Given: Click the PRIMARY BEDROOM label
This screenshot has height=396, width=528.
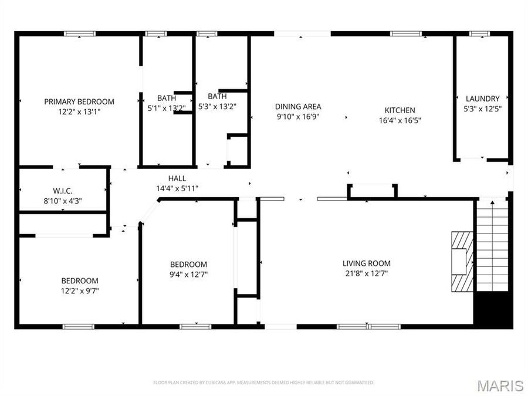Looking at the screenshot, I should point(79,101).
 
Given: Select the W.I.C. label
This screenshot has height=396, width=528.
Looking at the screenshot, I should point(63,191).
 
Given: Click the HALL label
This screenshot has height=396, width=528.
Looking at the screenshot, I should point(177,178).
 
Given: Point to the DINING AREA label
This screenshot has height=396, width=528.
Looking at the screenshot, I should point(298,106).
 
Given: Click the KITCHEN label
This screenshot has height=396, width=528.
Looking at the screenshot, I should point(400,110).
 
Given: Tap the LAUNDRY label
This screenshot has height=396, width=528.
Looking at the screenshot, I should point(482,99).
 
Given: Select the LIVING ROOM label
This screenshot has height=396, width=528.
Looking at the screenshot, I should point(367,263).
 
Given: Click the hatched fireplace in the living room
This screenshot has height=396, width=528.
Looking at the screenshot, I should point(461,261).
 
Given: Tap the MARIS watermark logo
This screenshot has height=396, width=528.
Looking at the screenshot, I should point(500,385).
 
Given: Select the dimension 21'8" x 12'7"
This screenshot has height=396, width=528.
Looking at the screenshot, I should point(367,273).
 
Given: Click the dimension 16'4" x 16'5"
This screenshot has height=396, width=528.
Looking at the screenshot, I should point(400,120).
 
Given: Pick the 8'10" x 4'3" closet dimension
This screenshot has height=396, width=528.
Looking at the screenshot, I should point(63,201).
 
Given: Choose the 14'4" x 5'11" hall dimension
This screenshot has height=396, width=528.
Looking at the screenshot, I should point(177,188).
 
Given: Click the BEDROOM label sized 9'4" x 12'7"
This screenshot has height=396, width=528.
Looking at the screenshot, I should point(188,265).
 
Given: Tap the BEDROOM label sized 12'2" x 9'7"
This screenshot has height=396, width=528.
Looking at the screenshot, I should point(79,280).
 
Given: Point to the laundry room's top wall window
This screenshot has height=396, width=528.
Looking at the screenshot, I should point(479,34).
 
